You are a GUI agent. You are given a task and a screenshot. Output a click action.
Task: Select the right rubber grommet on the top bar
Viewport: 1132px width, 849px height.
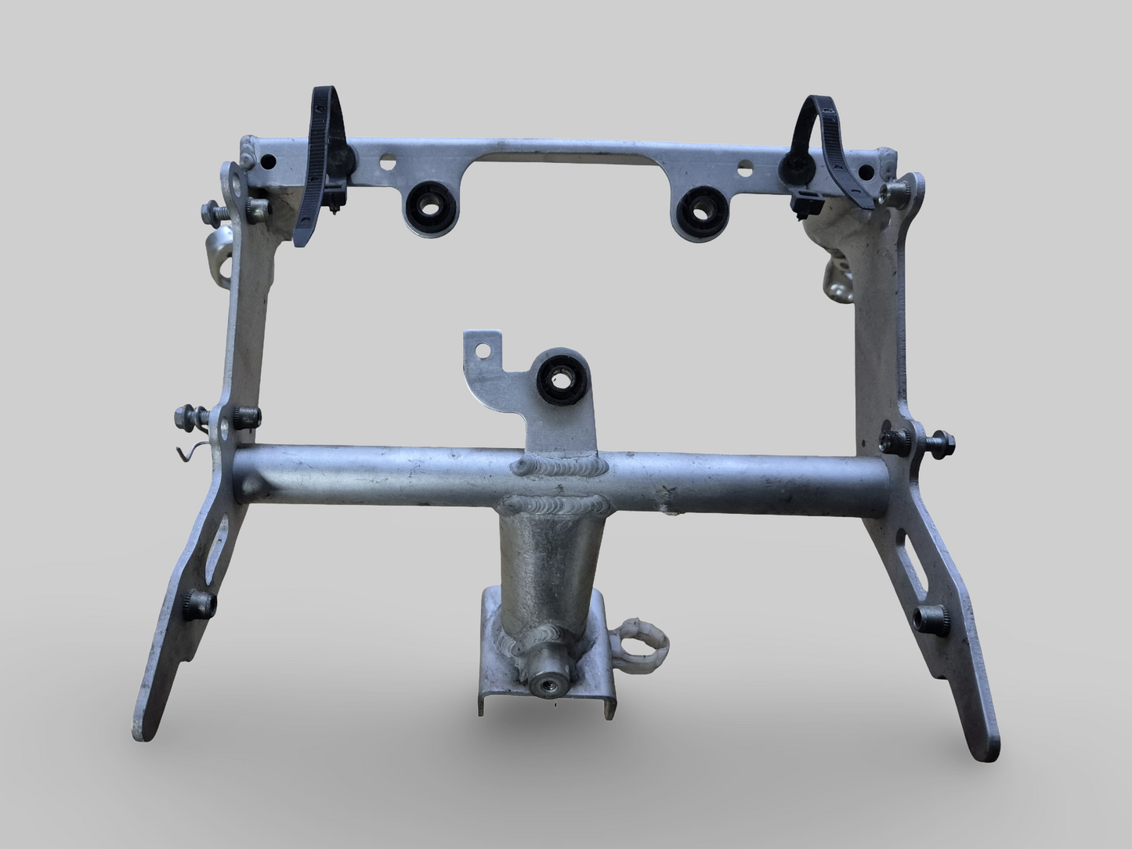coord(696,208)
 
